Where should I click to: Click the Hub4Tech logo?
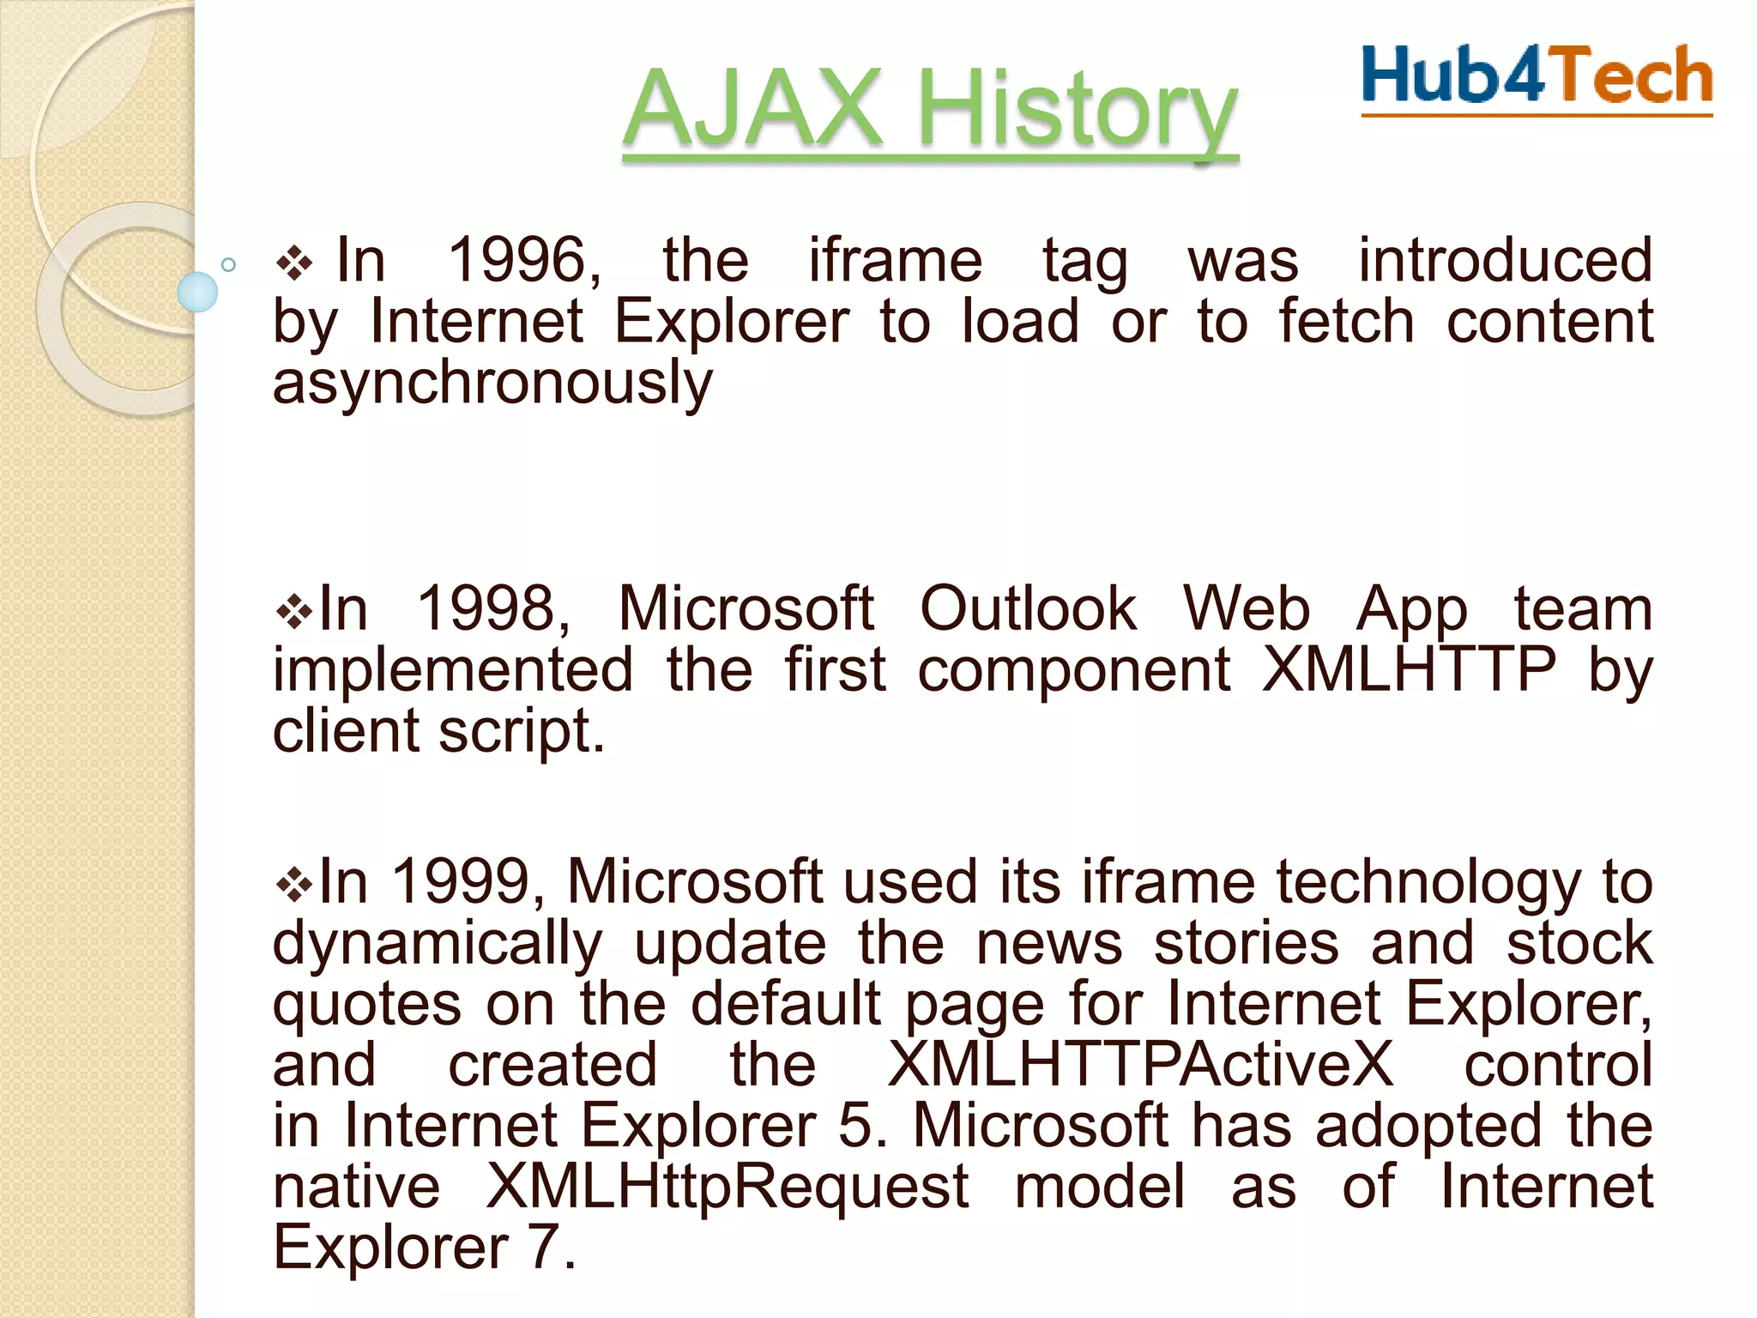[1537, 77]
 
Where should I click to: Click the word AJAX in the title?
[752, 110]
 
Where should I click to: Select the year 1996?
[524, 260]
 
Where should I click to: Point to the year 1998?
[493, 608]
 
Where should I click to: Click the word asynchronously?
[492, 383]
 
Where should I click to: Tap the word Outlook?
[1028, 608]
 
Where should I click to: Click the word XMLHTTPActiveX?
[1140, 1065]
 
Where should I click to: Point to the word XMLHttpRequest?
[728, 1187]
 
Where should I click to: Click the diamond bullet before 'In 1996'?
[295, 263]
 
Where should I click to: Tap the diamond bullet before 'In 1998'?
[295, 612]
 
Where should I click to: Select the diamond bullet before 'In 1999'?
[295, 885]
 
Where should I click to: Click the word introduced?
[1505, 260]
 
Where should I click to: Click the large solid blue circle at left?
[197, 292]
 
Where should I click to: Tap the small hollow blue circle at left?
[228, 264]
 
